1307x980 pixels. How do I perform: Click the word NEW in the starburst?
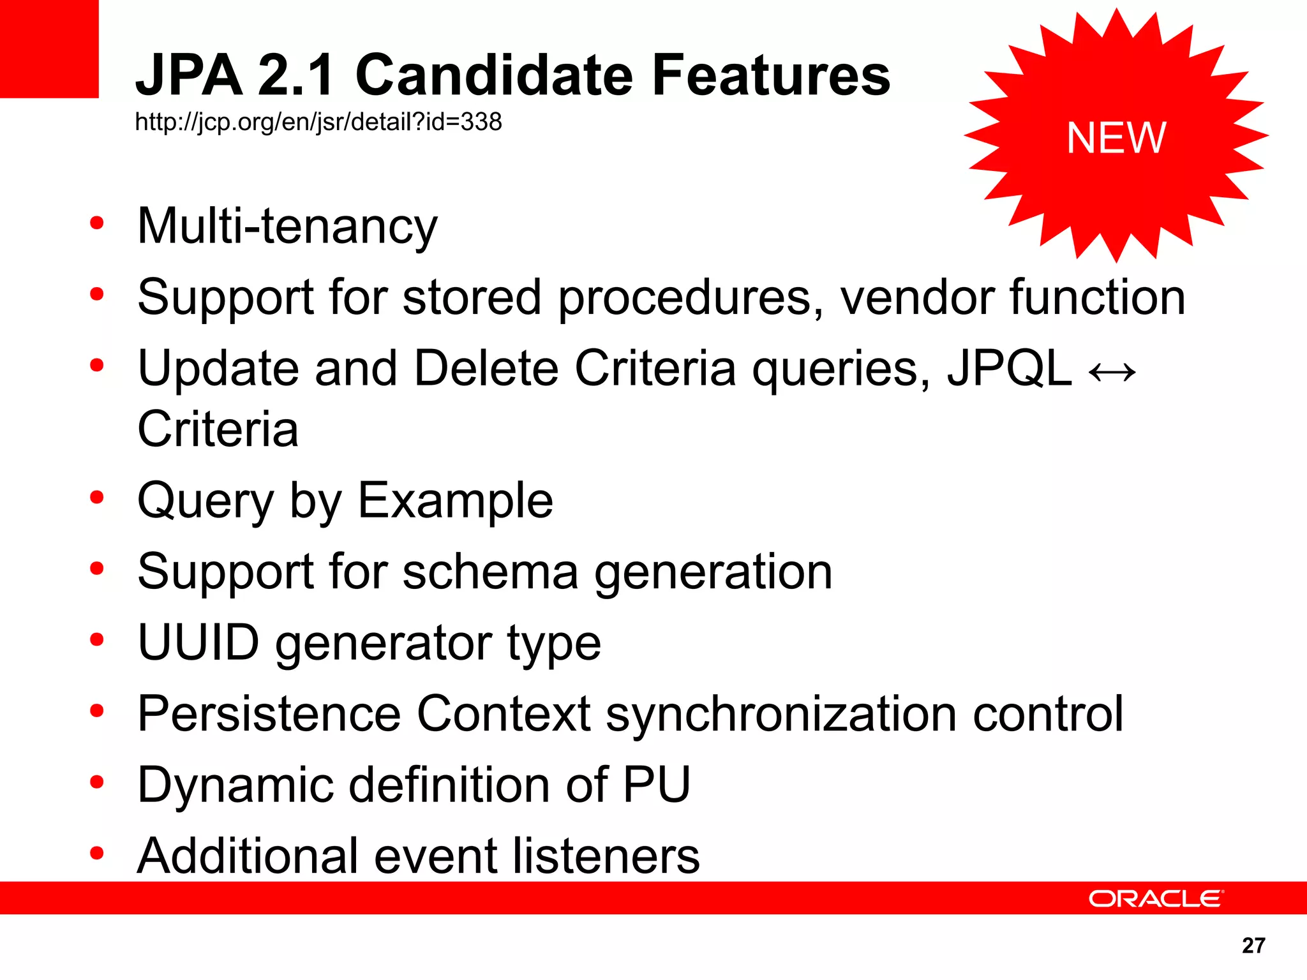click(x=1116, y=138)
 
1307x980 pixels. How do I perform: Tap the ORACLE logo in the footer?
click(x=1155, y=898)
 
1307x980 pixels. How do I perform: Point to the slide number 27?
click(x=1253, y=945)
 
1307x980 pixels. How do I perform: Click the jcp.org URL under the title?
click(x=318, y=122)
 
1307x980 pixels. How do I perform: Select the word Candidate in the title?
click(x=493, y=75)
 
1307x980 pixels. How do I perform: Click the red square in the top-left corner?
click(x=49, y=48)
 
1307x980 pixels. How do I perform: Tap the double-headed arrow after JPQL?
click(x=1112, y=371)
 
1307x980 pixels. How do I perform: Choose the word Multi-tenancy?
click(x=287, y=226)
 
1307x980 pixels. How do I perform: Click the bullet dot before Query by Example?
click(x=97, y=498)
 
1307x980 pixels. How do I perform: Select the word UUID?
click(x=198, y=642)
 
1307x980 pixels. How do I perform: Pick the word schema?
click(x=490, y=572)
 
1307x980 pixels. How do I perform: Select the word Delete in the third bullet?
click(x=486, y=369)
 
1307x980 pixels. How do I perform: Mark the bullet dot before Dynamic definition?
click(x=97, y=782)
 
